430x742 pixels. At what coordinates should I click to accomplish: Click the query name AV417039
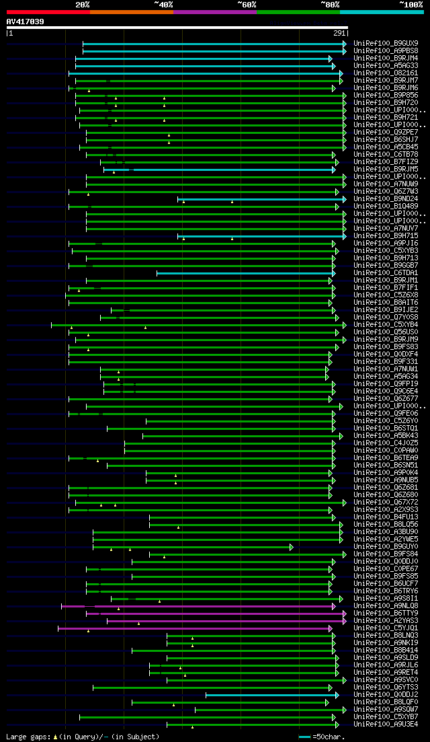[26, 22]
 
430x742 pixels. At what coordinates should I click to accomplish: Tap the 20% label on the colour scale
[83, 5]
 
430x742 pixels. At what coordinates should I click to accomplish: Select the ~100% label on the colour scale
[411, 5]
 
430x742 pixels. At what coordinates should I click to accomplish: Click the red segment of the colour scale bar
[48, 12]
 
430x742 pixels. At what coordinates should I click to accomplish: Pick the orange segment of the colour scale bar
[131, 12]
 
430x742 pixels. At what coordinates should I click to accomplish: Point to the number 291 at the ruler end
[339, 33]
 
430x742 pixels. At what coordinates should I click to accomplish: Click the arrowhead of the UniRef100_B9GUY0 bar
[292, 547]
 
